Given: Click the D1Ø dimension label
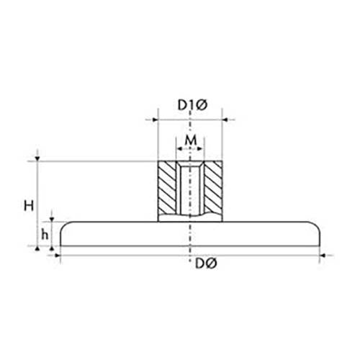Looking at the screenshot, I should (x=192, y=105).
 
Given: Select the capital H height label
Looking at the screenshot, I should (x=28, y=206).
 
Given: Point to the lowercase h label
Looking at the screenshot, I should (x=45, y=235).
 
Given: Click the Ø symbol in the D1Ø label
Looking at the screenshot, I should (x=202, y=105).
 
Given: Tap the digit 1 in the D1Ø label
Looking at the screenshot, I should (x=192, y=105).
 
